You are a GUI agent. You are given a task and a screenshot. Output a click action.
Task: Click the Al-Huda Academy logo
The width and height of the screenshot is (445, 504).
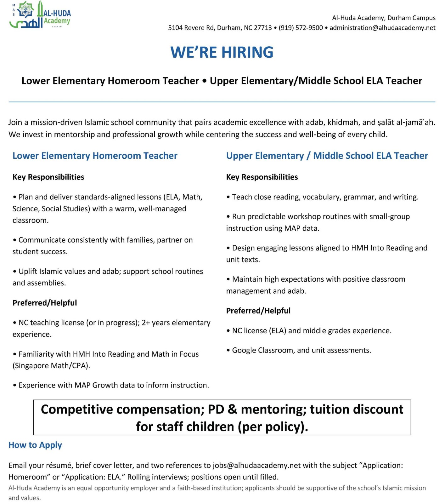point(40,15)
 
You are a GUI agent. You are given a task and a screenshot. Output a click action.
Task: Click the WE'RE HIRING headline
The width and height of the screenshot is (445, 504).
point(222,52)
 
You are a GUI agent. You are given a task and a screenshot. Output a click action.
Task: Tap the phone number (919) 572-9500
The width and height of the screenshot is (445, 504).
point(301,28)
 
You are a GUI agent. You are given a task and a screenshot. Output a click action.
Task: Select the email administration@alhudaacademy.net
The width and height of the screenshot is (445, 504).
point(382,28)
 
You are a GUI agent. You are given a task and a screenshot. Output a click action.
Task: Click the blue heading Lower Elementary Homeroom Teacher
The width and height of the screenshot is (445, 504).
point(95,156)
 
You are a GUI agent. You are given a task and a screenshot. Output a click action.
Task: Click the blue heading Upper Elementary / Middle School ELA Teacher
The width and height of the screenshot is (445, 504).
point(327,156)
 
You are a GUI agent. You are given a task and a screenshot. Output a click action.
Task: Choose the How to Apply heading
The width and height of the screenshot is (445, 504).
point(35,445)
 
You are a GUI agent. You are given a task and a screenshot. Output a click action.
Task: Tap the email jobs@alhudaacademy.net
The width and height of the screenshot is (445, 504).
point(256,465)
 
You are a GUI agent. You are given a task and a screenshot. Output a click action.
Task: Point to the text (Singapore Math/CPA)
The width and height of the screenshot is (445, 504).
point(51,366)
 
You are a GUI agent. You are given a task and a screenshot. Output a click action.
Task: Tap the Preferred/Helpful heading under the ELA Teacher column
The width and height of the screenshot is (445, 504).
point(258,311)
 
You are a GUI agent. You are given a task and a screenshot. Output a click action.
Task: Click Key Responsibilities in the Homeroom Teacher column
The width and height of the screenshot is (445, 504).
point(48,177)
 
